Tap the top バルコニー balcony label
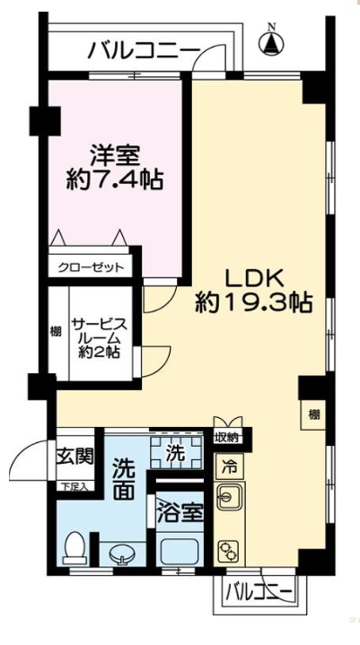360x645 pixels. point(145,50)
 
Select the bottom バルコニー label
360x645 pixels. point(258,593)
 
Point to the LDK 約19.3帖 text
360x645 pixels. point(254,289)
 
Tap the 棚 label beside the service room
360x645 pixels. point(56,333)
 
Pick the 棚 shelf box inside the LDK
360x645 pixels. point(312,414)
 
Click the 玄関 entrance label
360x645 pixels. point(75,456)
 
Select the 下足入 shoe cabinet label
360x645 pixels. point(75,487)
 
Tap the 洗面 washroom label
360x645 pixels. point(125,480)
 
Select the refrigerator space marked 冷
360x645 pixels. point(229,466)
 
